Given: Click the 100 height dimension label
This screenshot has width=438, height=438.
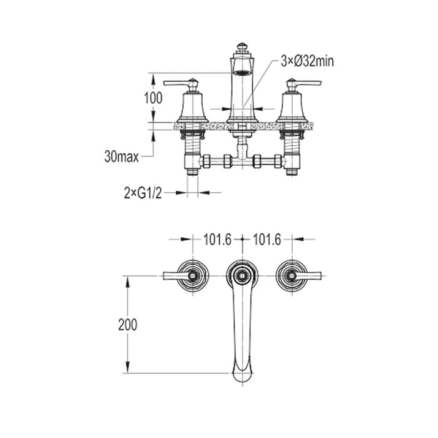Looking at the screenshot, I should click(153, 98).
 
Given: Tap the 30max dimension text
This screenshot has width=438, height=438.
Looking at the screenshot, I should click(121, 157).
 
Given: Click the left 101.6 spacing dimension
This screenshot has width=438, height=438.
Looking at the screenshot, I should click(217, 238).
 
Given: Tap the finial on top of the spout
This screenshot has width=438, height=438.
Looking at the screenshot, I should click(242, 48).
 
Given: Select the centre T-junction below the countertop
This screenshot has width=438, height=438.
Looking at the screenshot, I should click(242, 159).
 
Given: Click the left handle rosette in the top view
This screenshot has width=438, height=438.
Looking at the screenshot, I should click(193, 275).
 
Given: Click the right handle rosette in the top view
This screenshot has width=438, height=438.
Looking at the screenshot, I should click(291, 275).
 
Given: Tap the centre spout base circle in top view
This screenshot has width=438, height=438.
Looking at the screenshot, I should click(242, 274).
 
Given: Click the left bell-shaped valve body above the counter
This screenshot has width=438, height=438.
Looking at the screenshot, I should click(193, 106).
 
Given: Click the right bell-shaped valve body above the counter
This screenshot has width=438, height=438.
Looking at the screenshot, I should click(291, 106).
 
